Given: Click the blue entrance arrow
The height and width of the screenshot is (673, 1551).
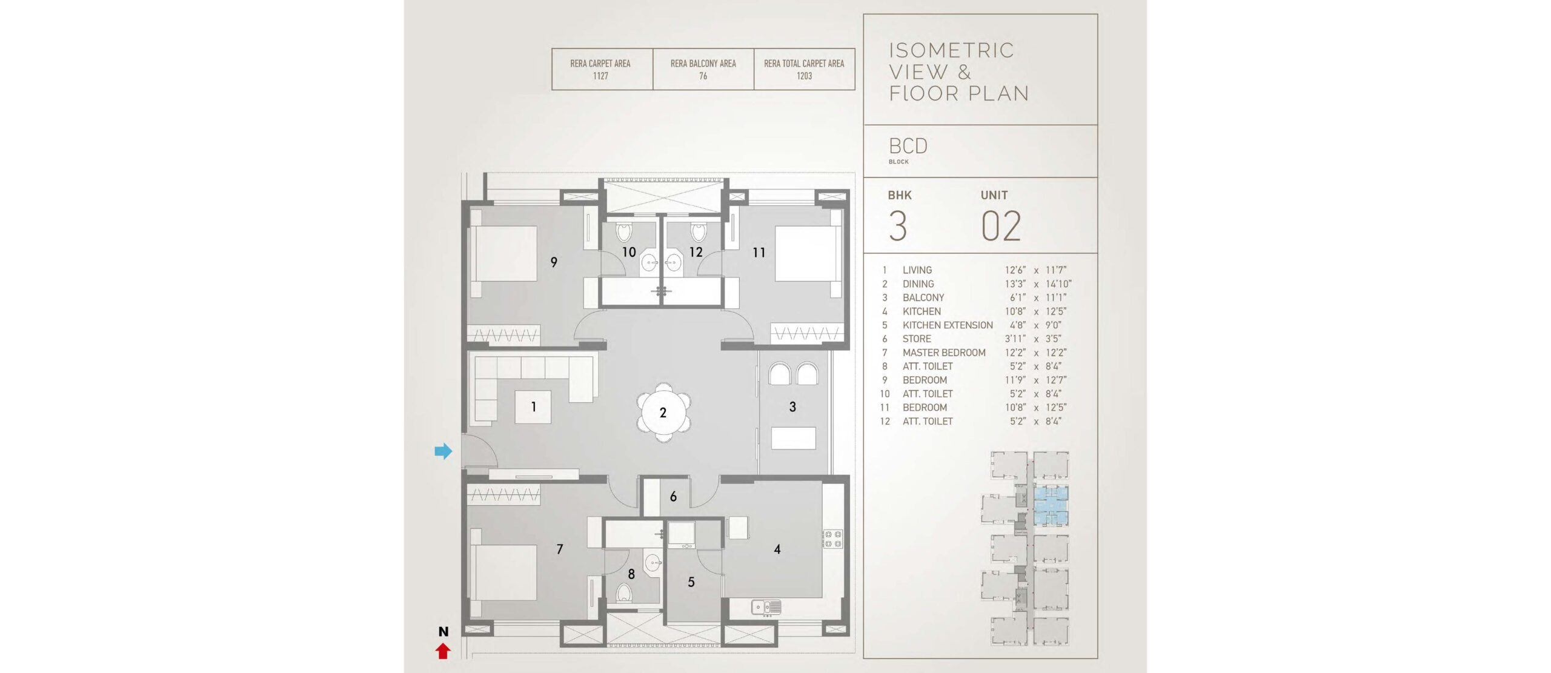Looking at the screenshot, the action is pyautogui.click(x=443, y=451).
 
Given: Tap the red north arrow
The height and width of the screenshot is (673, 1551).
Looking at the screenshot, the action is pyautogui.click(x=443, y=651).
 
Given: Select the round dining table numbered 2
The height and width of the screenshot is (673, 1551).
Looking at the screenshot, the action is pyautogui.click(x=663, y=413).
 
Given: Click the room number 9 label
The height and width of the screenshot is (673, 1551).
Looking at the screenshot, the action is pyautogui.click(x=554, y=262).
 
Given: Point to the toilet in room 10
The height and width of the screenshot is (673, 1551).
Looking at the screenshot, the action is pyautogui.click(x=624, y=231).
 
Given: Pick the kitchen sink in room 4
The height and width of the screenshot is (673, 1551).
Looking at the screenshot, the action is pyautogui.click(x=766, y=606).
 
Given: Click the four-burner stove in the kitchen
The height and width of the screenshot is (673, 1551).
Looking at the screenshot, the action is pyautogui.click(x=832, y=539).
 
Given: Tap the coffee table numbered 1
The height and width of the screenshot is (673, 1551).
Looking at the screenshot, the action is pyautogui.click(x=533, y=406).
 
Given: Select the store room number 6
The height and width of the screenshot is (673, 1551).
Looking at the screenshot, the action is pyautogui.click(x=673, y=497).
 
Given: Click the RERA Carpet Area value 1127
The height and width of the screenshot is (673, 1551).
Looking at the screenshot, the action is pyautogui.click(x=600, y=76).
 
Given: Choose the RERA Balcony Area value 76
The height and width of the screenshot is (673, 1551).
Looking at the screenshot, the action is pyautogui.click(x=703, y=76).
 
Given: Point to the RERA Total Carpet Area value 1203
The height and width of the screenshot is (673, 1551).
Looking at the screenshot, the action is pyautogui.click(x=804, y=76).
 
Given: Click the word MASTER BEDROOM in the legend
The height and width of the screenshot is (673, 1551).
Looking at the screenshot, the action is pyautogui.click(x=944, y=353).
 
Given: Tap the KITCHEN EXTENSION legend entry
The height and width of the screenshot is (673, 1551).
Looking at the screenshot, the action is pyautogui.click(x=948, y=325).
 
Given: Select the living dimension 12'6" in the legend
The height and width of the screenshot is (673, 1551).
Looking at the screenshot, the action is pyautogui.click(x=1015, y=270).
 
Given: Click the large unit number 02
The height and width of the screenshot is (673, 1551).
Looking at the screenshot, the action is pyautogui.click(x=1001, y=227).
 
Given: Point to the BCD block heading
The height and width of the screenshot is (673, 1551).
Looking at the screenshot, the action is pyautogui.click(x=908, y=146).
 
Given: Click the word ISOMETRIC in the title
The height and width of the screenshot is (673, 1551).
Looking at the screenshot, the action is pyautogui.click(x=951, y=50).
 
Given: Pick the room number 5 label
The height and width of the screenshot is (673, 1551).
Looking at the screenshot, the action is pyautogui.click(x=691, y=582).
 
